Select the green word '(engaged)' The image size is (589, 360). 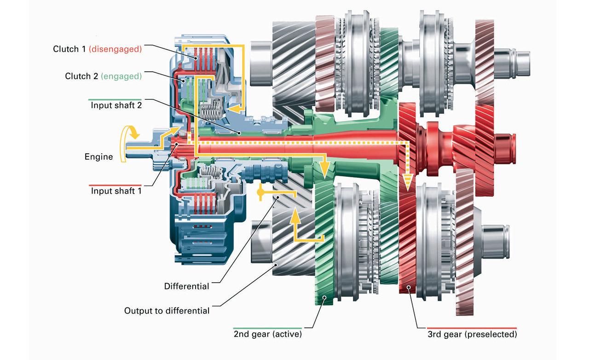[121, 76]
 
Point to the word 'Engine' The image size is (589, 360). [98, 157]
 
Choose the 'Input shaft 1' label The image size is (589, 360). [116, 191]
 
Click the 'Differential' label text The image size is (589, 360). [186, 286]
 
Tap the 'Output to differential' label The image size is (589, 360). [167, 311]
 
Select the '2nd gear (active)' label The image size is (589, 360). [267, 334]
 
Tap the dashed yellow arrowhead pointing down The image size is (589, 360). [407, 182]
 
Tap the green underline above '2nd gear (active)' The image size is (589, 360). [267, 328]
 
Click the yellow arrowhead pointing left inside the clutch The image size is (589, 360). [233, 109]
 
